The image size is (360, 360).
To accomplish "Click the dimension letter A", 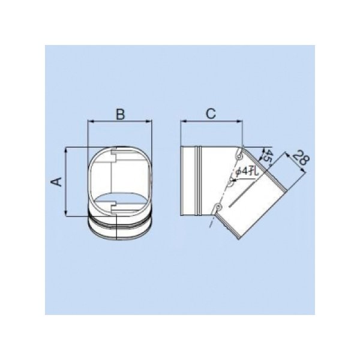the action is [x=56, y=181].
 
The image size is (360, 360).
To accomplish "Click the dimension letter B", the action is [x=121, y=114].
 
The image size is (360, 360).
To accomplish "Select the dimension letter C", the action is [x=211, y=113].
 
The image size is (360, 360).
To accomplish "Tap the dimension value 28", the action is [x=301, y=157].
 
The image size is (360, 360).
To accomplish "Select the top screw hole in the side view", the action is [x=239, y=156].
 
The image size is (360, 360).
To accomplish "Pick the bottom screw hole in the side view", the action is [x=218, y=207].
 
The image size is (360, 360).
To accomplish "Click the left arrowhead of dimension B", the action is [x=91, y=121].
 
